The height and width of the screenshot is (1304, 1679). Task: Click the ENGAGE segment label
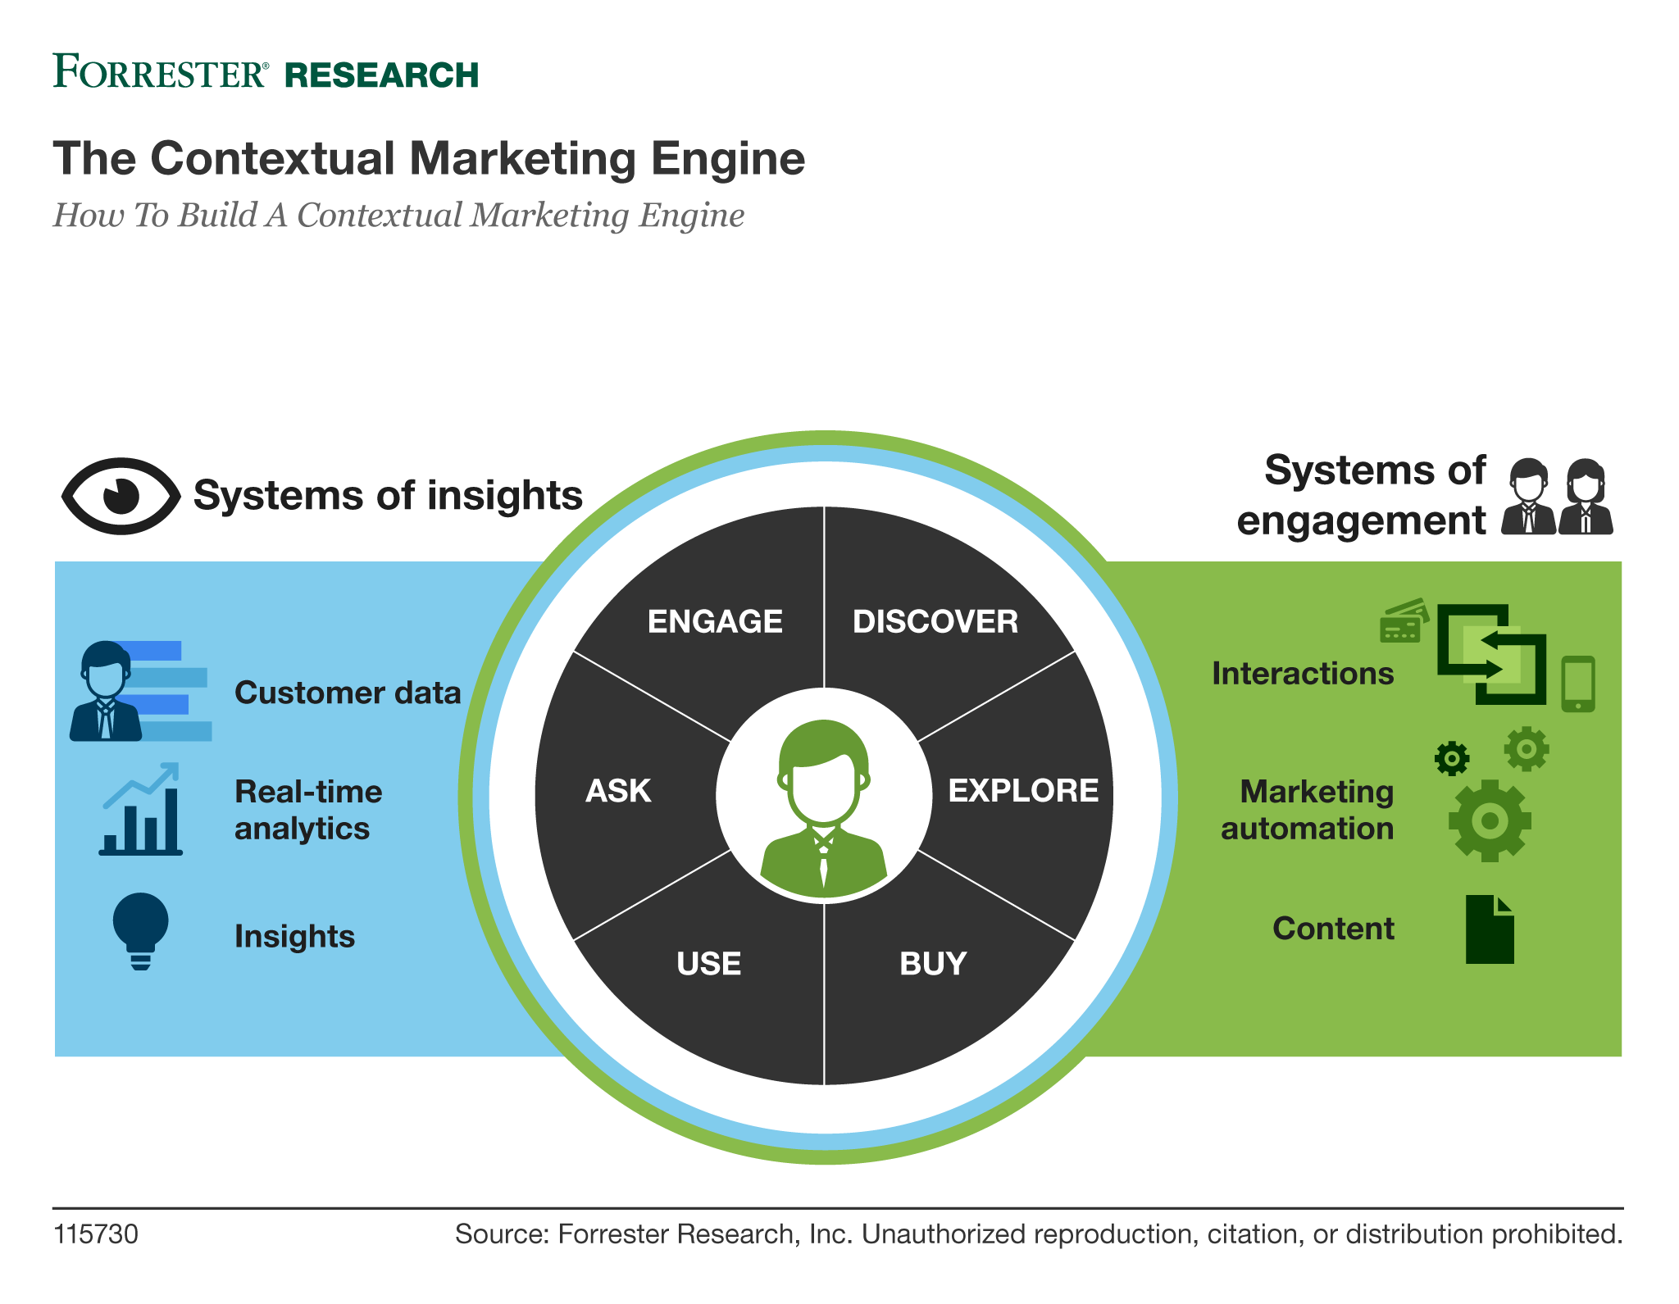click(715, 621)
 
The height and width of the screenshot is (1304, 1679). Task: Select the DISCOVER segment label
click(935, 621)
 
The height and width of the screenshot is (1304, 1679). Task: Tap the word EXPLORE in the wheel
click(1022, 791)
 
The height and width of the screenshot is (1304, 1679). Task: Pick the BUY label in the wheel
click(933, 963)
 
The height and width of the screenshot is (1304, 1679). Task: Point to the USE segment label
click(708, 963)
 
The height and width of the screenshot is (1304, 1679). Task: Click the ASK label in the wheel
click(618, 791)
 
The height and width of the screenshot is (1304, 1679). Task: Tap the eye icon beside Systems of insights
click(121, 496)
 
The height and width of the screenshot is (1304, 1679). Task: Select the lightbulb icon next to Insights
click(140, 931)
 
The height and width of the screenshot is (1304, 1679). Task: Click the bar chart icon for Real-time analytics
click(141, 811)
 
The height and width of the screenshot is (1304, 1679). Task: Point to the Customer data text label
click(348, 693)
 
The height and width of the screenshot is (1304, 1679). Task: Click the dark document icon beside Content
click(1489, 929)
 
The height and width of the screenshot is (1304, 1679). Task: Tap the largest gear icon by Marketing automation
click(1489, 820)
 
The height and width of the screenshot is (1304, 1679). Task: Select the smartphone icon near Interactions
click(1577, 684)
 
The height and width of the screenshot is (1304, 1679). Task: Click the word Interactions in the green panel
click(1302, 673)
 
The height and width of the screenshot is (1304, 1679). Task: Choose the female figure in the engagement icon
click(1586, 497)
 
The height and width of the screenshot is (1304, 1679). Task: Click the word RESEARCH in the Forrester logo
click(381, 75)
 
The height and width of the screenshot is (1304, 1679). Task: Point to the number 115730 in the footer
click(96, 1234)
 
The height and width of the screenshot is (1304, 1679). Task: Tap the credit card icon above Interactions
click(1404, 620)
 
